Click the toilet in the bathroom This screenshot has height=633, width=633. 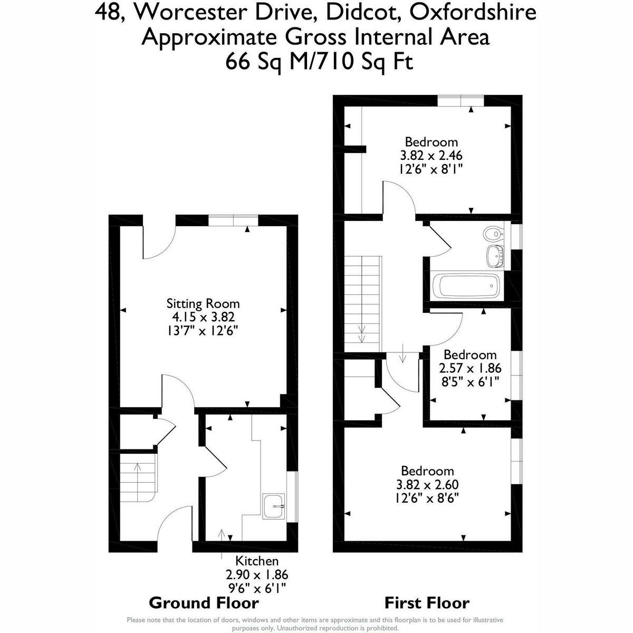pyautogui.click(x=493, y=233)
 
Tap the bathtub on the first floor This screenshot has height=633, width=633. pyautogui.click(x=466, y=286)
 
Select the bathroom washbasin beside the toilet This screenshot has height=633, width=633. pyautogui.click(x=495, y=256)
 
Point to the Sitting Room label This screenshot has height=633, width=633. pyautogui.click(x=203, y=303)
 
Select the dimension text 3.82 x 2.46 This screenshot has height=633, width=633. pyautogui.click(x=431, y=155)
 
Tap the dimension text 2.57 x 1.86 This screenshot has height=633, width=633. pyautogui.click(x=470, y=368)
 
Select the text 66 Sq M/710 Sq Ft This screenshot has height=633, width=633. pyautogui.click(x=319, y=62)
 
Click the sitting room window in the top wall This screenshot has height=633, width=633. pyautogui.click(x=233, y=220)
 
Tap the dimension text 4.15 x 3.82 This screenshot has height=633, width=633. pyautogui.click(x=203, y=317)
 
